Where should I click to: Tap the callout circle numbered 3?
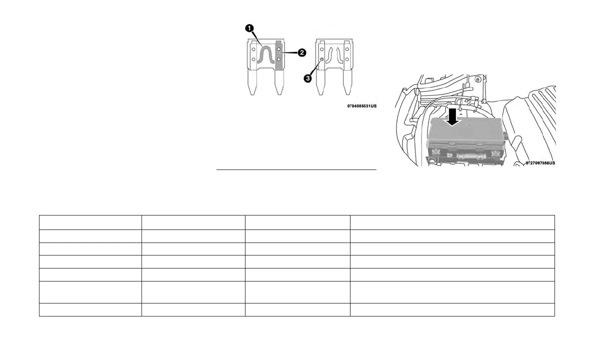(308, 78)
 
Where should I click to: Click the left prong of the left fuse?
(254, 82)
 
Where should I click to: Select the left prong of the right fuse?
(321, 82)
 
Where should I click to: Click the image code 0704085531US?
(362, 106)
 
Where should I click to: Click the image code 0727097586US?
(540, 162)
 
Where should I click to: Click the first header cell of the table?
(90, 222)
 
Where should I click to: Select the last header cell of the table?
(452, 222)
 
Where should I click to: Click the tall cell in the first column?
(90, 292)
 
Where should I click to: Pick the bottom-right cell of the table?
(452, 309)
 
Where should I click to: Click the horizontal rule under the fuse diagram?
(296, 170)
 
